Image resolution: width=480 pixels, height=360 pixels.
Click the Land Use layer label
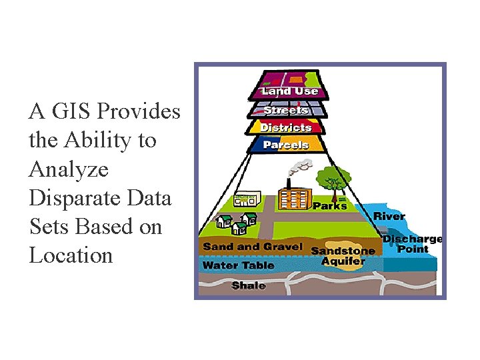(289, 91)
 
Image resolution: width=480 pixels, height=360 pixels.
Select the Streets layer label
(285, 110)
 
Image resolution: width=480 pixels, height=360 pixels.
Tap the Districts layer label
(285, 127)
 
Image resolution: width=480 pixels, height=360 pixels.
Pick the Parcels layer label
(285, 145)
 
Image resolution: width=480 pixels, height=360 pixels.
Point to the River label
(389, 216)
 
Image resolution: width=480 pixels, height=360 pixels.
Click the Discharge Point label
(412, 244)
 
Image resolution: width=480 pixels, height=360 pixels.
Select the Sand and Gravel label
(253, 247)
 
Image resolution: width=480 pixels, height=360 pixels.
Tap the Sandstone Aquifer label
(343, 256)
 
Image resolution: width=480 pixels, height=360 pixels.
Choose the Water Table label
(238, 265)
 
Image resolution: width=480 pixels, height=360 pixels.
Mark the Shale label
(248, 285)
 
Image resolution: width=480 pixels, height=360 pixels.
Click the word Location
(71, 255)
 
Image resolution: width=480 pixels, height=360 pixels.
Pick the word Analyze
(68, 169)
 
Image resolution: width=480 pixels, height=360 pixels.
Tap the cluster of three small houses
(236, 223)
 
